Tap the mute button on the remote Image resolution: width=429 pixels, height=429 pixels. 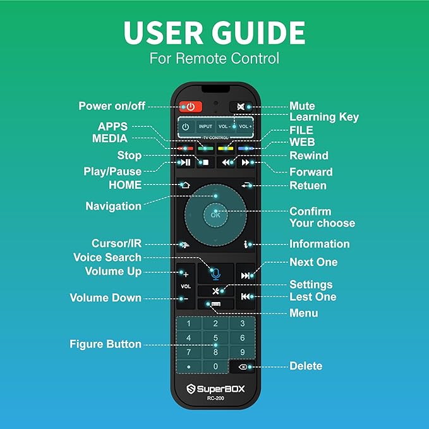coord(241,107)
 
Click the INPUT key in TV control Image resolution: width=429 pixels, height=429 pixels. coord(205,126)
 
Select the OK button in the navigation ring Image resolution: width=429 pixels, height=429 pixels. coord(215,215)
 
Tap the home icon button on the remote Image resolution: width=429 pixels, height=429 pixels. coord(186,185)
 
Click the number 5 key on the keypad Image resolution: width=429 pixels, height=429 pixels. coord(215,337)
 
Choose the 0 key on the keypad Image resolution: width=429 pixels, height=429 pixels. coord(215,366)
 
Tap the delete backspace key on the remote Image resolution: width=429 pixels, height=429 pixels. coord(243,367)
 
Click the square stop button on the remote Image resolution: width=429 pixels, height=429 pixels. coord(205,162)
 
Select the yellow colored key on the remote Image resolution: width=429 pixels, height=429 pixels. coord(226,148)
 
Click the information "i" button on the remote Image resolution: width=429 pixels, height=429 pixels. coord(246,245)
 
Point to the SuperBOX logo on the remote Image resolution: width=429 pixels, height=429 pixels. coord(215,389)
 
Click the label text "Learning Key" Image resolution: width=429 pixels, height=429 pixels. coord(324,117)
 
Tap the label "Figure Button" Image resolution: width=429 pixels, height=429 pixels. coord(106,344)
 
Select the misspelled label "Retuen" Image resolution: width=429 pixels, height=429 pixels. coord(308,186)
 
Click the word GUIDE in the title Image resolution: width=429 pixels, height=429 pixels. coord(258,33)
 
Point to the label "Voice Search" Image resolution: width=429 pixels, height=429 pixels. coord(107,257)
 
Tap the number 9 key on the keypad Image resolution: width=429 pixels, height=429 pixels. coord(243,352)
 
